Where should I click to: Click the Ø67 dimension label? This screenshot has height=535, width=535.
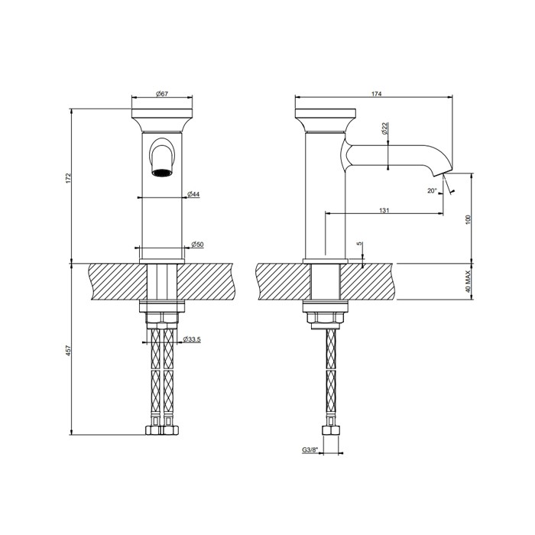click(x=161, y=93)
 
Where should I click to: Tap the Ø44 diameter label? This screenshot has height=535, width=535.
click(x=194, y=195)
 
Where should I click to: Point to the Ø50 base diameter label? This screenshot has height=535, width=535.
click(x=196, y=244)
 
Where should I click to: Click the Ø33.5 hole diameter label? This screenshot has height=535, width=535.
click(x=191, y=339)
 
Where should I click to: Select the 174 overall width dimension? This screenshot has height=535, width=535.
click(x=377, y=93)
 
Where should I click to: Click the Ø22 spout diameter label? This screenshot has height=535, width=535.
click(x=386, y=129)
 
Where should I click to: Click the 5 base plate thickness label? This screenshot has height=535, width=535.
click(x=359, y=245)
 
